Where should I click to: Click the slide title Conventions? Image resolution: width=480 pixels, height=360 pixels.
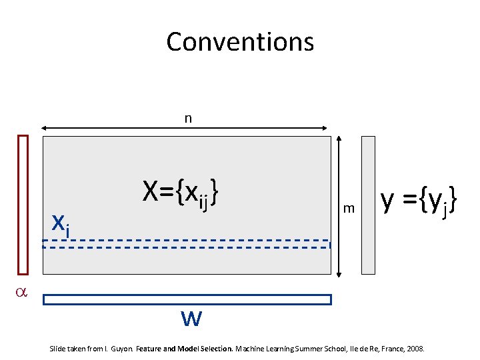(x=240, y=41)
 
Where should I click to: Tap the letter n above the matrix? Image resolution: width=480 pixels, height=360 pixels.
(x=188, y=119)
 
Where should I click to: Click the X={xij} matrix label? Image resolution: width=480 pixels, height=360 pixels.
(x=181, y=193)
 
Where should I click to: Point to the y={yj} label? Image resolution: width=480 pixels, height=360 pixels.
(x=419, y=199)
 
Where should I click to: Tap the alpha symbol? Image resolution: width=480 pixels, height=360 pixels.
(x=21, y=291)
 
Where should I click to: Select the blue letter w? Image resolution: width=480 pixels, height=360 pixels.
(x=191, y=319)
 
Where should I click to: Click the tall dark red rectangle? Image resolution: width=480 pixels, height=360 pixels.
(x=23, y=205)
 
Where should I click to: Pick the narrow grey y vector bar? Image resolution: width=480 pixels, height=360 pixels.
(x=369, y=205)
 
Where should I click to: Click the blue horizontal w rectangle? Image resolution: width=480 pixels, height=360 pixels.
(x=187, y=299)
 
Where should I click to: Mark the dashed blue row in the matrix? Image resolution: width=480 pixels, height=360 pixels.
(x=187, y=244)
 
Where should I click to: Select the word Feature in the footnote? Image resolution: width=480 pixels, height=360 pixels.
(x=150, y=349)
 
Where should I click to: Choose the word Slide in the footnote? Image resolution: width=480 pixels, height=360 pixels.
(x=59, y=349)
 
